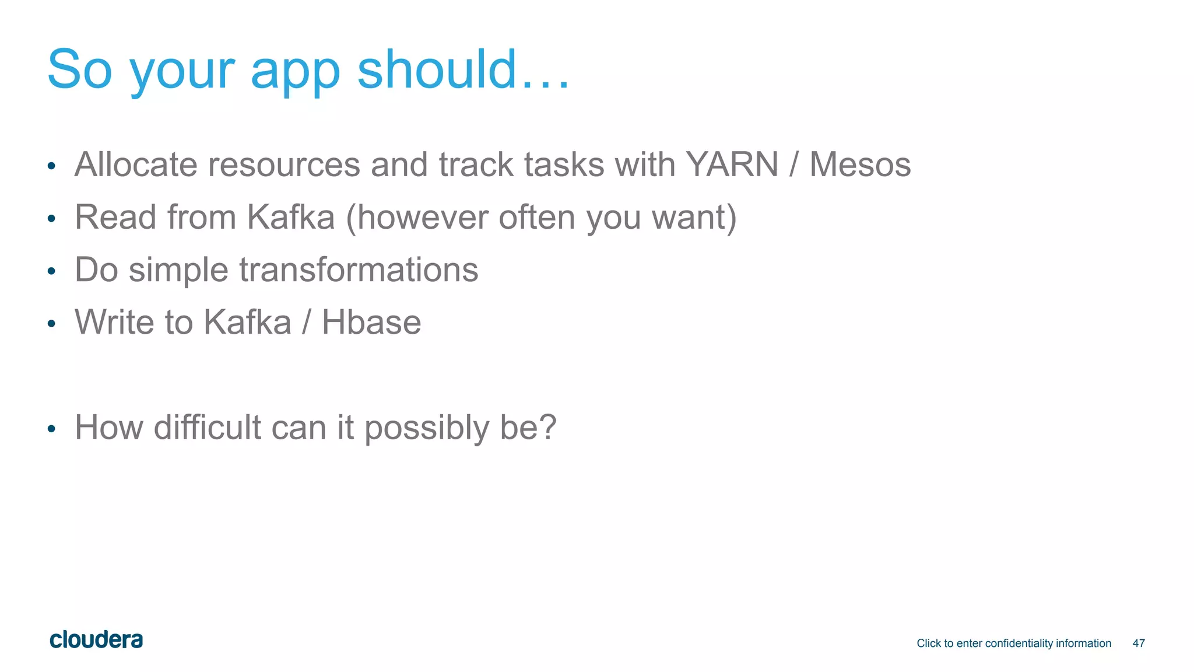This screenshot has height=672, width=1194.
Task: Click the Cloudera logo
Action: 96,640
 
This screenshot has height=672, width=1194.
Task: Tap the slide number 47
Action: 1138,643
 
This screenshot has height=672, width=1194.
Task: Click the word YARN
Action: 732,164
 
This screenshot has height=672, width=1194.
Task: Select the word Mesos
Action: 860,164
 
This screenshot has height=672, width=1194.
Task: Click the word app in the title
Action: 295,71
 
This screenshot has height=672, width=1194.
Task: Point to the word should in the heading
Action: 437,69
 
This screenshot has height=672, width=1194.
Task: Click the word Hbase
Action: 371,322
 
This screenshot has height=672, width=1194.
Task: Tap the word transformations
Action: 359,269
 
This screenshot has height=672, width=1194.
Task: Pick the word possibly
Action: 427,429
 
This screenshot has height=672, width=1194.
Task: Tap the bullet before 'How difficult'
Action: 51,429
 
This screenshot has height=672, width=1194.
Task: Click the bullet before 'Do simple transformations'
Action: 51,271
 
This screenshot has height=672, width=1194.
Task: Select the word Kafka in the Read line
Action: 291,217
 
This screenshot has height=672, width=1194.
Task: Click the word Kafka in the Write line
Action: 247,322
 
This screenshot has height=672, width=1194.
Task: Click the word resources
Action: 284,164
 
